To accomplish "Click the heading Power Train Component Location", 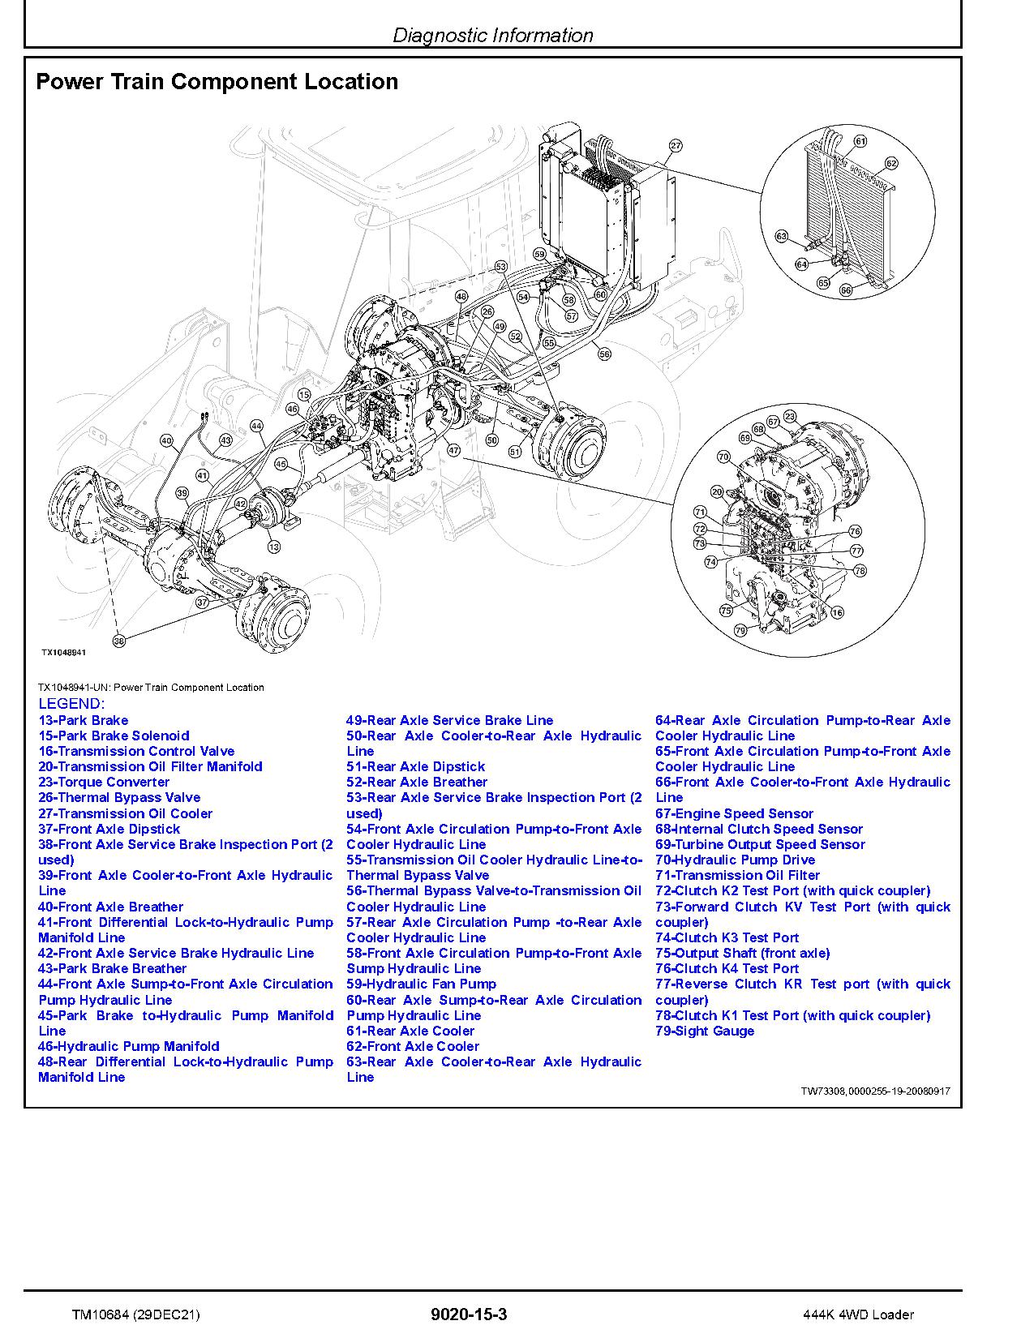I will pyautogui.click(x=217, y=82).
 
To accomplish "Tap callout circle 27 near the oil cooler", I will pyautogui.click(x=675, y=147).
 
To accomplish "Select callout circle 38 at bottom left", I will pyautogui.click(x=119, y=641).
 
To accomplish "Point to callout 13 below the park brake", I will pyautogui.click(x=273, y=547).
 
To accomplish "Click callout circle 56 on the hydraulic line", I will pyautogui.click(x=603, y=353).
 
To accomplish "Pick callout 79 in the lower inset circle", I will pyautogui.click(x=739, y=630).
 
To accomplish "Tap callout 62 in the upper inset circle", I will pyautogui.click(x=891, y=164).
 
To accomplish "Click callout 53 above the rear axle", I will pyautogui.click(x=500, y=267).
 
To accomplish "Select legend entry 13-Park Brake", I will pyautogui.click(x=83, y=720).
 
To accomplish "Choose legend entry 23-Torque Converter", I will pyautogui.click(x=104, y=782).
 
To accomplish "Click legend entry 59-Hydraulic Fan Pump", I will pyautogui.click(x=421, y=984).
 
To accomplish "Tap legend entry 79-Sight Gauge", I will pyautogui.click(x=704, y=1031).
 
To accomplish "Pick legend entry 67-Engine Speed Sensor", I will pyautogui.click(x=734, y=813).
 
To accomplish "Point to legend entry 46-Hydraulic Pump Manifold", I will pyautogui.click(x=128, y=1046).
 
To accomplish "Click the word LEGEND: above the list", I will pyautogui.click(x=71, y=704).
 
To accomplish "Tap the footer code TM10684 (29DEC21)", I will pyautogui.click(x=135, y=1314).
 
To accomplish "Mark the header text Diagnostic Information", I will pyautogui.click(x=492, y=36).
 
